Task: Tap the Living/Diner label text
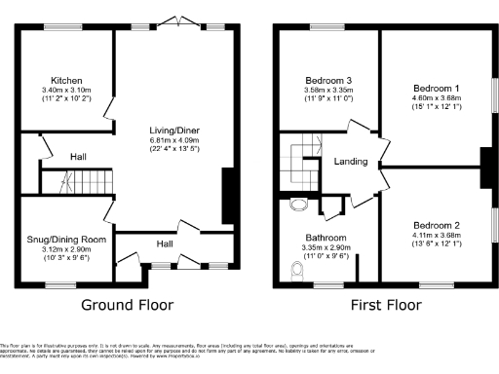(174, 131)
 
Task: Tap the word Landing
(349, 162)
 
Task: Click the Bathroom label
(325, 238)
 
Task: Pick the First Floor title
(387, 305)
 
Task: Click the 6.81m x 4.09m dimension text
(174, 139)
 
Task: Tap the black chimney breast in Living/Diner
(229, 196)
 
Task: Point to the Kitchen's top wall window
(58, 27)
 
